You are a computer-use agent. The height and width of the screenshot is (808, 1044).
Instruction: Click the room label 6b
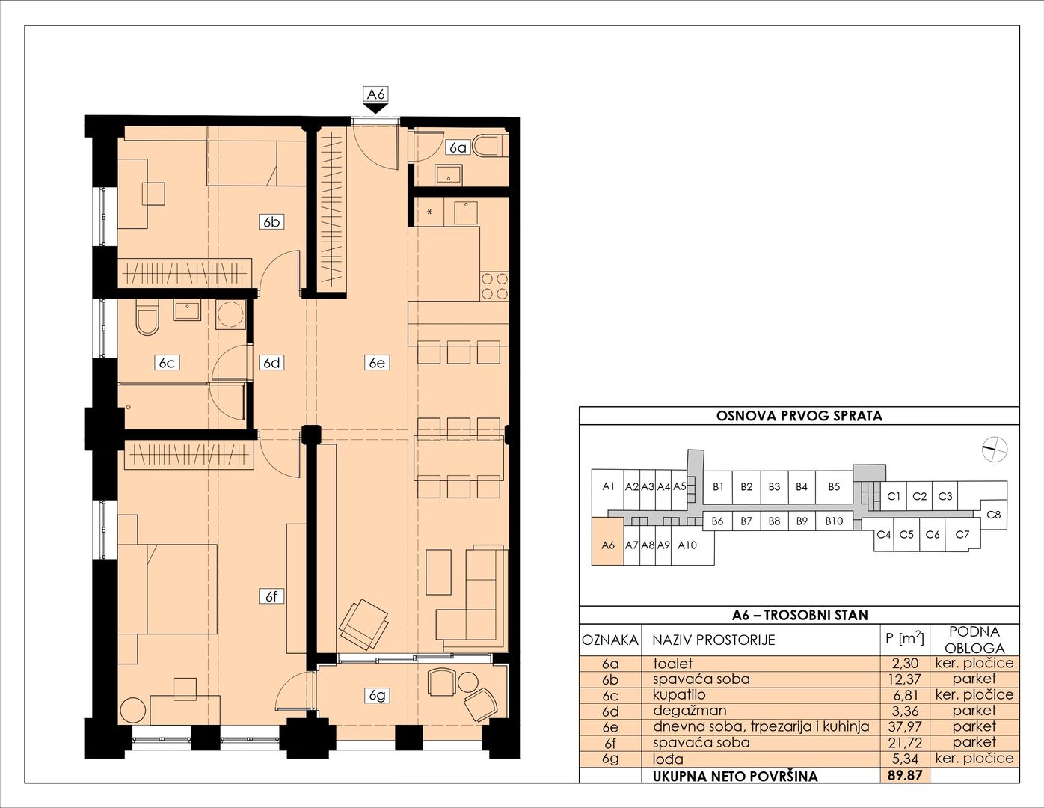click(x=271, y=221)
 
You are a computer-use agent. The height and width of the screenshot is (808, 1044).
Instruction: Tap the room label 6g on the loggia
click(x=377, y=695)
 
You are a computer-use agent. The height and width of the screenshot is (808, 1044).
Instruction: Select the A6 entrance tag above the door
click(x=375, y=94)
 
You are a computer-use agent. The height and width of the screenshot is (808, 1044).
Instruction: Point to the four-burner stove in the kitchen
click(x=494, y=286)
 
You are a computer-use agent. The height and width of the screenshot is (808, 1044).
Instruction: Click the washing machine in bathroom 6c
click(x=231, y=314)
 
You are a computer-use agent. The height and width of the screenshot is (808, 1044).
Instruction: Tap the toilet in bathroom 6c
click(x=147, y=318)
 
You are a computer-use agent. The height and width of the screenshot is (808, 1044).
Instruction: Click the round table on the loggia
click(x=468, y=683)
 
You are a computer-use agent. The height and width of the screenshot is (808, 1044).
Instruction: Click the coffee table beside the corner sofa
click(x=439, y=572)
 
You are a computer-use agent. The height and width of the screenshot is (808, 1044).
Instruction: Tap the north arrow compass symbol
click(x=995, y=450)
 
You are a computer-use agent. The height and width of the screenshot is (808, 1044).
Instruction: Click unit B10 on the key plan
click(x=834, y=521)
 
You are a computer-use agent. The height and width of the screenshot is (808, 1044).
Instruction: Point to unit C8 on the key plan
click(x=994, y=515)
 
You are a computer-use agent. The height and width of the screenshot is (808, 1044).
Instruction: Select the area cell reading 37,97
click(x=905, y=726)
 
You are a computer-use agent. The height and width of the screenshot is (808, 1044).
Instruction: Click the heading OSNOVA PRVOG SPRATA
click(x=799, y=416)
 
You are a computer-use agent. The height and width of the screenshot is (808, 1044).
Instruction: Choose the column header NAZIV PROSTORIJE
click(x=713, y=640)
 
